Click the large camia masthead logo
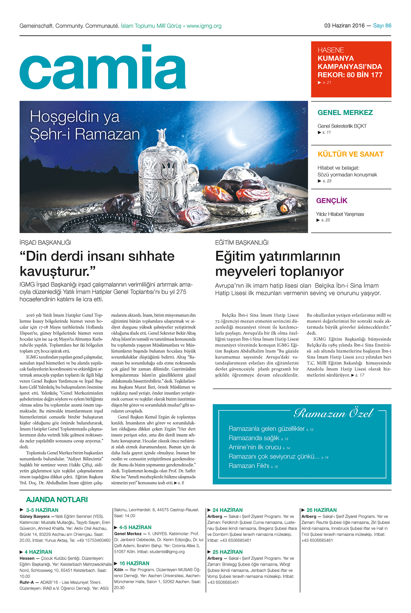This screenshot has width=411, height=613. (x=103, y=68)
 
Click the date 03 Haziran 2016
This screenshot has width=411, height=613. (x=344, y=26)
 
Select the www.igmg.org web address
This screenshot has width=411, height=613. (x=204, y=26)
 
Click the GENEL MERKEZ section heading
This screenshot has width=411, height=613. (x=345, y=113)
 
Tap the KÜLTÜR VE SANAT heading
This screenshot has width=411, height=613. (x=350, y=154)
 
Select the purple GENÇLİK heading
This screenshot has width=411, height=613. (x=332, y=201)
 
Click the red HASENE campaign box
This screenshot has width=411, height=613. (x=351, y=69)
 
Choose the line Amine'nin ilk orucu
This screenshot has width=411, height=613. (x=255, y=447)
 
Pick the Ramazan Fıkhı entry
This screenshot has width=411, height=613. (x=249, y=466)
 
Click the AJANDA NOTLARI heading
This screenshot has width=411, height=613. (x=57, y=500)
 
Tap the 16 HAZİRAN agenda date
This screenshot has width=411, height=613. (x=134, y=563)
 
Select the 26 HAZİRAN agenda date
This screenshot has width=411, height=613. (x=321, y=510)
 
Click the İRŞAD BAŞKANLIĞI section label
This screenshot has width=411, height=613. (x=45, y=243)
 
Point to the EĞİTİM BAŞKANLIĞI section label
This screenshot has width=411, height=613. (x=242, y=243)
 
